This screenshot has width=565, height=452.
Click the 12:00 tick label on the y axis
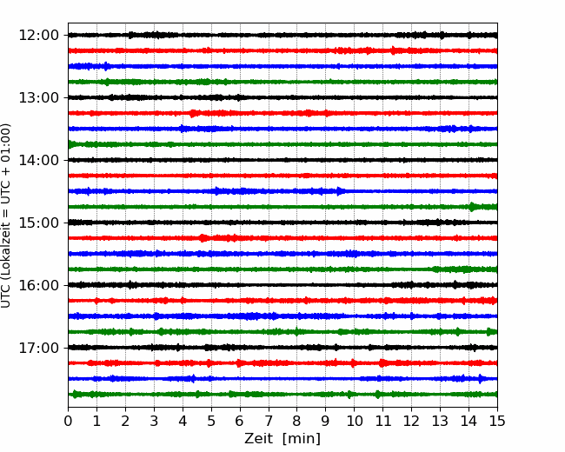(38, 36)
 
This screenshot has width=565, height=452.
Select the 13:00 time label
(38, 97)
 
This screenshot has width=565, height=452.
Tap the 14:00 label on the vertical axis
(38, 160)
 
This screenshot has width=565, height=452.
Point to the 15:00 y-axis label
(38, 223)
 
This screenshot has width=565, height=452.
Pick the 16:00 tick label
(38, 285)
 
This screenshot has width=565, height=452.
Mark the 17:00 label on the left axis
(38, 348)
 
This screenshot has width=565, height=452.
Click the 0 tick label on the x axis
(68, 421)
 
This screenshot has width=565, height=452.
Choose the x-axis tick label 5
(211, 421)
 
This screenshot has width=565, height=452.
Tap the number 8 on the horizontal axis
(297, 421)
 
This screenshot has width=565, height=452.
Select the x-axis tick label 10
(354, 421)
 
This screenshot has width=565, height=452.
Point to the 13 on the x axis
(440, 421)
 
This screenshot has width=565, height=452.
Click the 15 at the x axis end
(497, 421)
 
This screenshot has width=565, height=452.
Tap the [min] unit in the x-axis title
(302, 439)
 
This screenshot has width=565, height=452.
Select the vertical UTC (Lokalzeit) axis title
(6, 216)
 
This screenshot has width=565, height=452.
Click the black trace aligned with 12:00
(282, 35)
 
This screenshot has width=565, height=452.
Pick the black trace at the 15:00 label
(282, 223)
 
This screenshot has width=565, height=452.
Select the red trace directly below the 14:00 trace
(282, 176)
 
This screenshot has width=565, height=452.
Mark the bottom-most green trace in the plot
(282, 395)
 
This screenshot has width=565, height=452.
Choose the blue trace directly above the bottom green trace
(282, 378)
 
